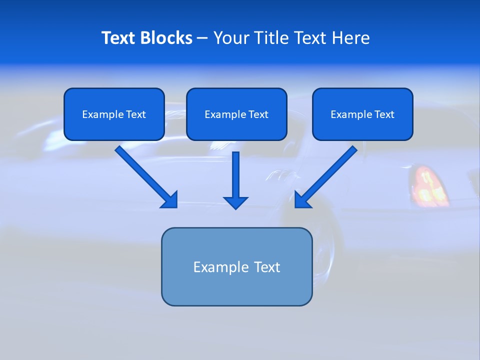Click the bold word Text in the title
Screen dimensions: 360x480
point(118,38)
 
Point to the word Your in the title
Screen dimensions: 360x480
point(230,38)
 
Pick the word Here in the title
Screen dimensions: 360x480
point(351,38)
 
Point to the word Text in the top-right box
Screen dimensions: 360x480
point(384,114)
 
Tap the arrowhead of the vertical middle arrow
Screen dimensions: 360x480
point(235,202)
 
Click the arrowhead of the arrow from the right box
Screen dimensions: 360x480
point(301,200)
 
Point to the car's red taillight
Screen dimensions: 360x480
point(428,186)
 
